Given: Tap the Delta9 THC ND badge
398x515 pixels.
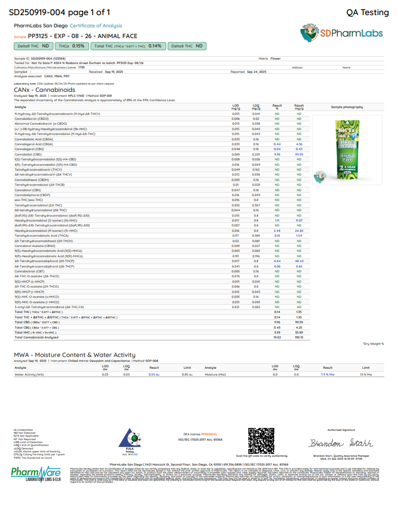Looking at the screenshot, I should click(x=33, y=46).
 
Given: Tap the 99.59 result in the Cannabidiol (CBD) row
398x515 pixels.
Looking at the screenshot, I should click(x=299, y=154).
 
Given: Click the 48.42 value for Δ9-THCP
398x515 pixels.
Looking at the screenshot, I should click(x=299, y=261).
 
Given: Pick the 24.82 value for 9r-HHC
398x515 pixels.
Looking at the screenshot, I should click(x=299, y=230).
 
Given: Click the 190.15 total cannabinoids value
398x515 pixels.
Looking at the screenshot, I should click(x=299, y=337).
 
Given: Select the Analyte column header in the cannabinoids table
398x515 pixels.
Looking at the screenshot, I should click(x=21, y=107).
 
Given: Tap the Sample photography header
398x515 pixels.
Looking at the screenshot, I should click(x=347, y=107).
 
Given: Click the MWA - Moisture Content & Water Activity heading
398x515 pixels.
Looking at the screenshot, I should click(x=75, y=355).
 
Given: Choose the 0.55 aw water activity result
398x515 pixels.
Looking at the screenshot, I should click(x=154, y=374).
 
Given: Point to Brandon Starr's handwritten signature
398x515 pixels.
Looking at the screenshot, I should click(x=341, y=443).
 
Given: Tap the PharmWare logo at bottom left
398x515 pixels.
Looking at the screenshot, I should click(x=36, y=474).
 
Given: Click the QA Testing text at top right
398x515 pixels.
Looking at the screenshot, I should click(x=367, y=12).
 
